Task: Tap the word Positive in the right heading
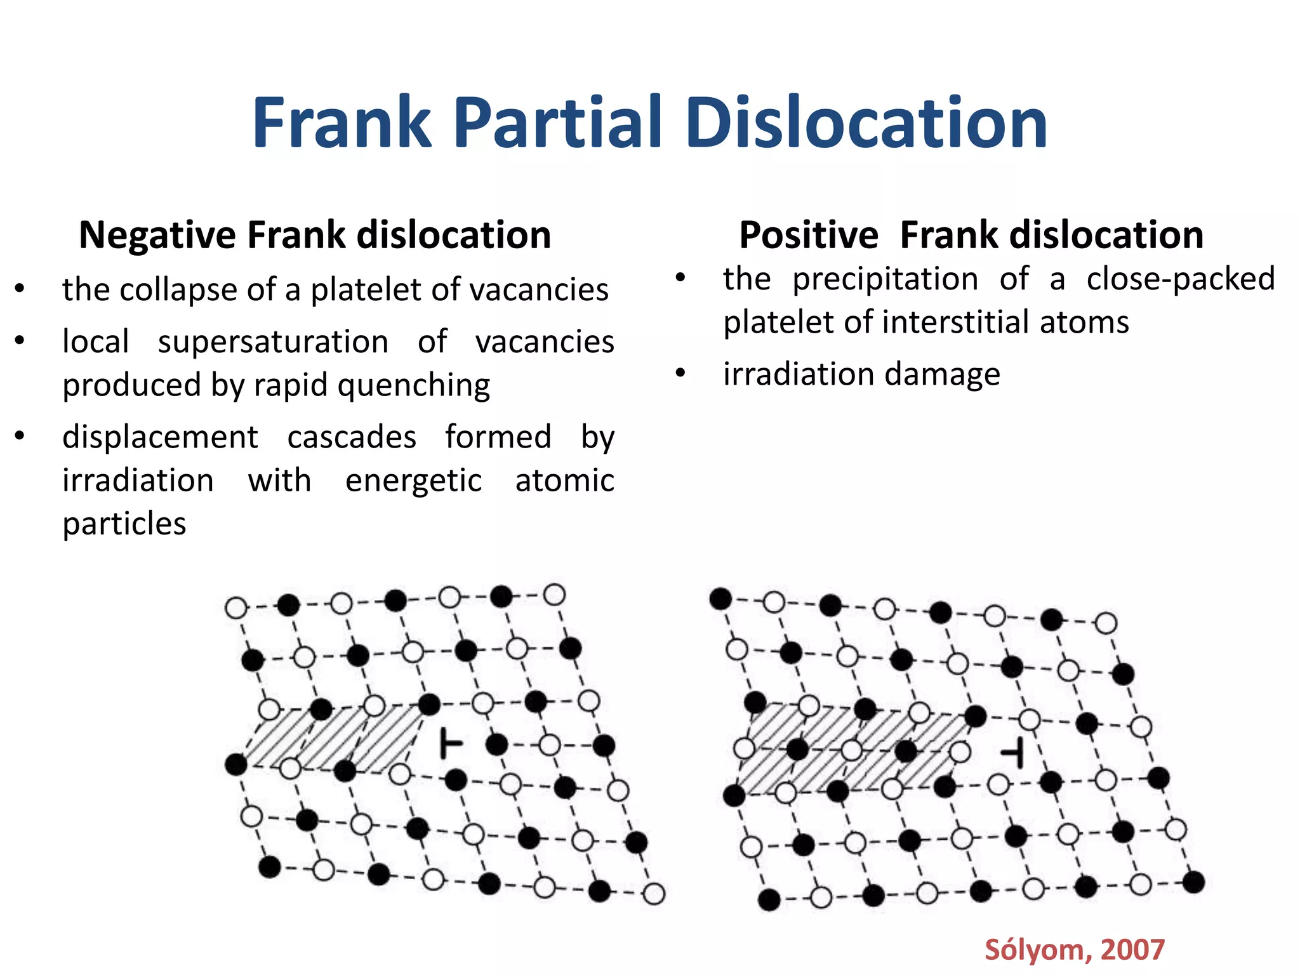click(x=809, y=235)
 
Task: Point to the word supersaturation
click(x=273, y=342)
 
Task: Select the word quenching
click(x=414, y=385)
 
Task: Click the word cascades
click(x=352, y=437)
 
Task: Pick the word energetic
click(x=413, y=481)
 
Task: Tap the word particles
click(x=124, y=524)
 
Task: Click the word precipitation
click(x=885, y=279)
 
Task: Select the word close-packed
click(x=1180, y=279)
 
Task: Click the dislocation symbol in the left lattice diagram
click(x=450, y=743)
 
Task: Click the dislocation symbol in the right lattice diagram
click(x=1013, y=753)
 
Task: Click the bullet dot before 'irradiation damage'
click(x=680, y=373)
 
